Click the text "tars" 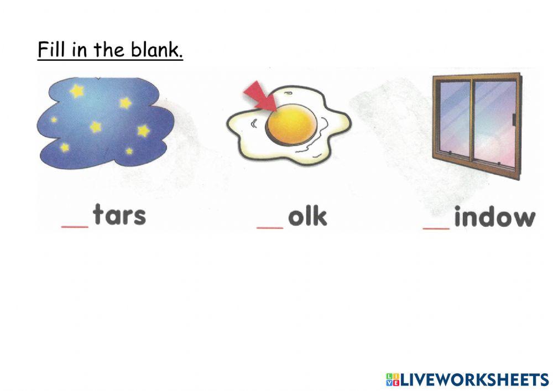(x=119, y=215)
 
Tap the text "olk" (x=307, y=216)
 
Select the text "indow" (x=494, y=217)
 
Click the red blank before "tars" (x=75, y=226)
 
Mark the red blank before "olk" (x=270, y=226)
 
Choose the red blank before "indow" (x=436, y=226)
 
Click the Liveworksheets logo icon (x=392, y=379)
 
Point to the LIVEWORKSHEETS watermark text (x=474, y=379)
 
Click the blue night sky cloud (x=105, y=124)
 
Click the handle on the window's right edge (x=514, y=119)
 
